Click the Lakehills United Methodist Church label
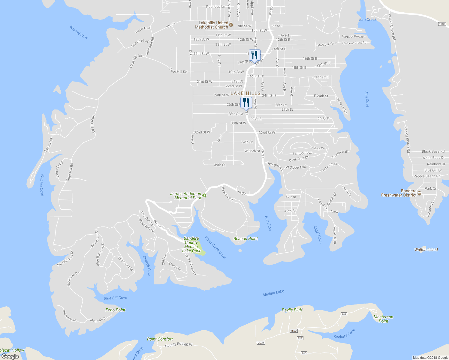211,25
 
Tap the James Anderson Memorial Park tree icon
204,196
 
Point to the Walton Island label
426,250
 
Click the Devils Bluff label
292,310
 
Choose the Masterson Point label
383,319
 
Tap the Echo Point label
115,310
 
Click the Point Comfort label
160,339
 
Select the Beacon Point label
246,238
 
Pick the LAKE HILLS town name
246,93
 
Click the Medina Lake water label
273,293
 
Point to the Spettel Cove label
79,32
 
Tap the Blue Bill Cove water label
115,298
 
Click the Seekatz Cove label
344,334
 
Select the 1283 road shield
442,24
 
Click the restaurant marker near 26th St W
246,103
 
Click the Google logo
10,356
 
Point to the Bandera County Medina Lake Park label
191,244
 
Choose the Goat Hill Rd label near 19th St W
178,70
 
